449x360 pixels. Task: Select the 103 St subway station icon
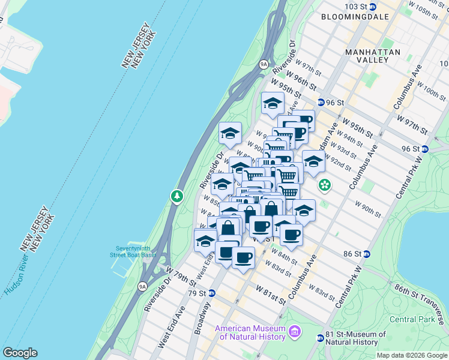[x=373, y=7]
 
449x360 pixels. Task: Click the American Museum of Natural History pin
[x=295, y=331]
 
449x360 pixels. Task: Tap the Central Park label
[x=412, y=319]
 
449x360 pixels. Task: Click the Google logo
[x=20, y=353]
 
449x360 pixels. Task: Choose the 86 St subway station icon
[x=367, y=254]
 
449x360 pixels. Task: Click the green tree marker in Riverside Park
[x=176, y=196]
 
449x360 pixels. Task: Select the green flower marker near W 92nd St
[x=325, y=185]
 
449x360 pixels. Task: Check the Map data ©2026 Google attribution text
[x=412, y=355]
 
